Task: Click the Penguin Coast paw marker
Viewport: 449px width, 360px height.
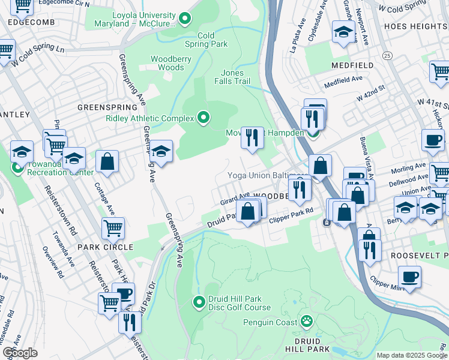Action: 307,321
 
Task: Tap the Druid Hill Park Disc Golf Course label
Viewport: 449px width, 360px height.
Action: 239,304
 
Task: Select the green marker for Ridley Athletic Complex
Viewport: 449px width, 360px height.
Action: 203,118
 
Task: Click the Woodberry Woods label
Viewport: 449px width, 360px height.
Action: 167,63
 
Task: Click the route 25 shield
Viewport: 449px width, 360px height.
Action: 387,56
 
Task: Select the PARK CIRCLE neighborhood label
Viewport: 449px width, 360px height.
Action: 109,247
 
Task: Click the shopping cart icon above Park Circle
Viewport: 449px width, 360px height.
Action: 112,228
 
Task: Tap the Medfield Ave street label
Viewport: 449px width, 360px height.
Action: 343,79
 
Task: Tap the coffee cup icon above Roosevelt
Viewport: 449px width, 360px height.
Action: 409,277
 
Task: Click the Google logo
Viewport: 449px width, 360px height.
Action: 20,353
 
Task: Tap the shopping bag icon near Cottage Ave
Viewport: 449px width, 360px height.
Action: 107,161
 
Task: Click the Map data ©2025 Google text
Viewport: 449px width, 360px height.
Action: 411,355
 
